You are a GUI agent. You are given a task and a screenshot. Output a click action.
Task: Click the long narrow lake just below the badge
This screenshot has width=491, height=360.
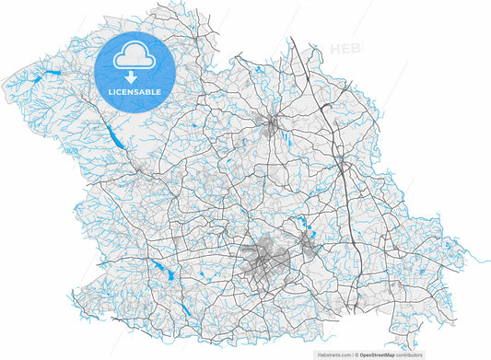pos(113,136)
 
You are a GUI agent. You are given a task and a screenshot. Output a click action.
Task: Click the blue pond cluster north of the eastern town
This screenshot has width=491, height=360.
pos(301,224)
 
